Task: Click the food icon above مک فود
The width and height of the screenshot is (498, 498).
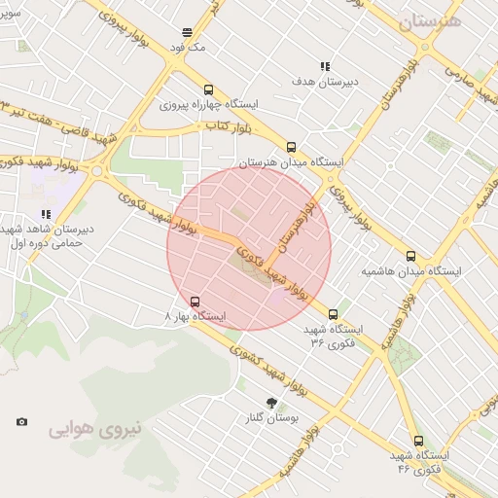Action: pyautogui.click(x=187, y=33)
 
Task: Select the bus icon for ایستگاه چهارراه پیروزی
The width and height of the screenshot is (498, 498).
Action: pyautogui.click(x=208, y=90)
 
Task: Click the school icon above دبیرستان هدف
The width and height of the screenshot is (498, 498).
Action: pyautogui.click(x=324, y=68)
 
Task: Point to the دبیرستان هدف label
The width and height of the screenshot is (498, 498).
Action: pyautogui.click(x=326, y=82)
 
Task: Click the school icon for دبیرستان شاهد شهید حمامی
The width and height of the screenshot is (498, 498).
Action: pyautogui.click(x=46, y=214)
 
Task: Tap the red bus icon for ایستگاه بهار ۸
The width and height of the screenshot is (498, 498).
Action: pyautogui.click(x=196, y=302)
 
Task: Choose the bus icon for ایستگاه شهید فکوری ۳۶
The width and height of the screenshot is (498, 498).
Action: pyautogui.click(x=334, y=315)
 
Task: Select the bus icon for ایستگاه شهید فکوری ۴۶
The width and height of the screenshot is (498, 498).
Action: pyautogui.click(x=418, y=441)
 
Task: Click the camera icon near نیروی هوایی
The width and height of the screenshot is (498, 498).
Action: pyautogui.click(x=22, y=422)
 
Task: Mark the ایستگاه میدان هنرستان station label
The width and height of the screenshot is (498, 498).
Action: pyautogui.click(x=289, y=162)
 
